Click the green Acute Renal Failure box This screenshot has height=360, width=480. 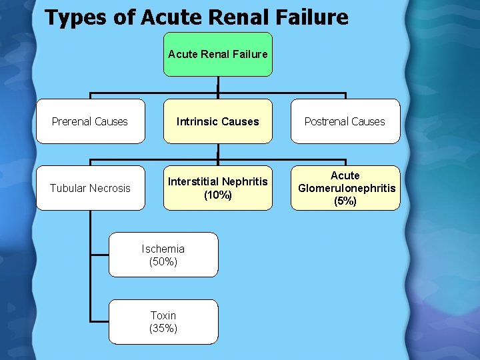218,54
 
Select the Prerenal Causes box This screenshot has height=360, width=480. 90,121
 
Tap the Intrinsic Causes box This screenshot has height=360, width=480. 218,121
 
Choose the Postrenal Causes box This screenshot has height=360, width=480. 345,121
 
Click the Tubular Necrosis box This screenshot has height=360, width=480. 90,188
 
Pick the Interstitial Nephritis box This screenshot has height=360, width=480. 218,188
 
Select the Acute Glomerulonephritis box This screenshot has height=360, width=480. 346,188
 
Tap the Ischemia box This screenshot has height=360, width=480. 163,254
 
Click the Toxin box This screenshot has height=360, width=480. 163,321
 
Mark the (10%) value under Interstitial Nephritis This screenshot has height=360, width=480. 218,195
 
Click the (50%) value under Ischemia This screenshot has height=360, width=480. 163,262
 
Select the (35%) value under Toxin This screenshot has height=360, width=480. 163,328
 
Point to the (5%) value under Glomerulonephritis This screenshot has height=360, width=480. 346,201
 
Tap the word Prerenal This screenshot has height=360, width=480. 73,121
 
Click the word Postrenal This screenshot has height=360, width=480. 328,121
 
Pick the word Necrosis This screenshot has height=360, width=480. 109,188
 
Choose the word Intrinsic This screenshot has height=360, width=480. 197,121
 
